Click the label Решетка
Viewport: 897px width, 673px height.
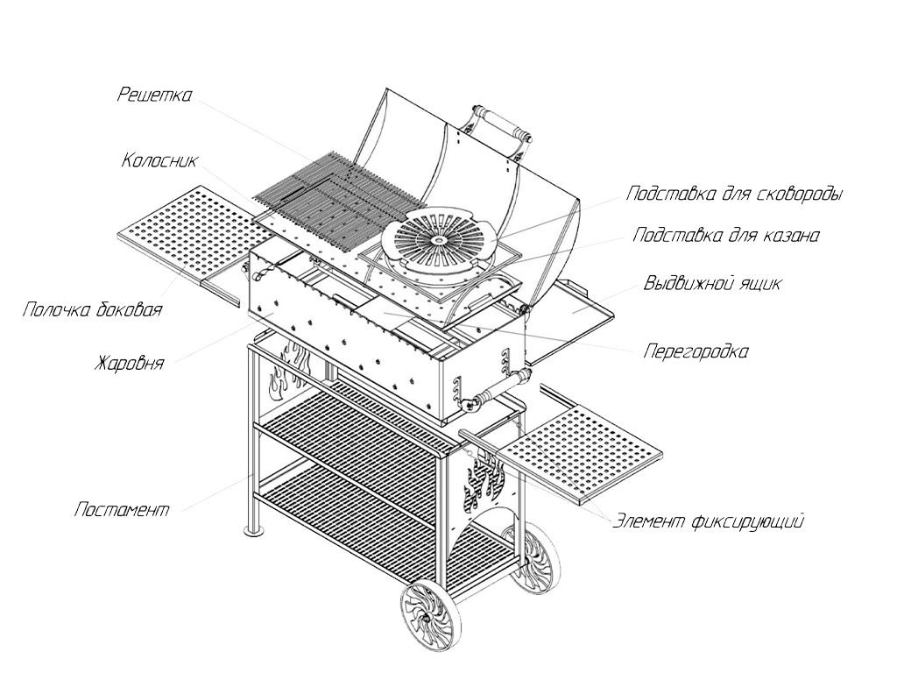(154, 96)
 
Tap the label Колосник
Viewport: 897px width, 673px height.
(160, 161)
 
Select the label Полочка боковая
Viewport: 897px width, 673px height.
(93, 310)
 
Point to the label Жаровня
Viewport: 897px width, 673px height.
(129, 362)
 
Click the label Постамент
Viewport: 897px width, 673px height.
(122, 509)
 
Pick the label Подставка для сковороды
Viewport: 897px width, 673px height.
(734, 194)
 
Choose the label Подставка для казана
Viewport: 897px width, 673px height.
(726, 236)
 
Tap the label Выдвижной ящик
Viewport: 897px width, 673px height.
(712, 284)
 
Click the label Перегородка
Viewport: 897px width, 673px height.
(696, 352)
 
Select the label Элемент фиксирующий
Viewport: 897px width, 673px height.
(707, 521)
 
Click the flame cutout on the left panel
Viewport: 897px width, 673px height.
(286, 372)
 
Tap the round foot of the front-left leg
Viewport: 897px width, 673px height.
(252, 531)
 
